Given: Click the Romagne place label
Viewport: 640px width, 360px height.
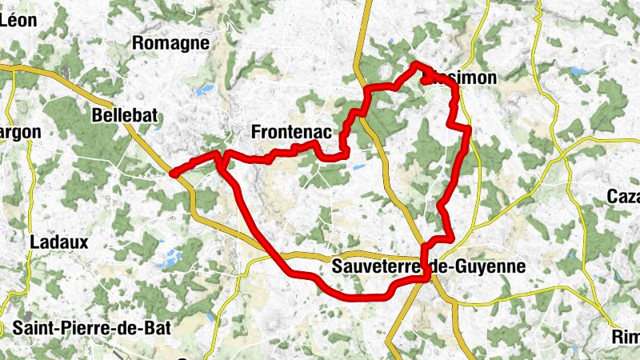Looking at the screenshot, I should (172, 43).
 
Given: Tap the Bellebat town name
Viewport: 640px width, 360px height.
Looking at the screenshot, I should (124, 115).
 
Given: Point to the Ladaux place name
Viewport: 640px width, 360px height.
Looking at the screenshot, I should (58, 241).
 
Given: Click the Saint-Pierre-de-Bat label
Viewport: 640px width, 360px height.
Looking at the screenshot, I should (92, 327).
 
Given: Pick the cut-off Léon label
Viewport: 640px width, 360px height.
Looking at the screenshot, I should (18, 21).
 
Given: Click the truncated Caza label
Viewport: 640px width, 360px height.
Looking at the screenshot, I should (623, 197).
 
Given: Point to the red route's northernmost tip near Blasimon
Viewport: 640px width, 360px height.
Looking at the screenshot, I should (416, 64).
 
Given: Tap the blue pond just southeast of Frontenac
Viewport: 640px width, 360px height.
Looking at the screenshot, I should (358, 169).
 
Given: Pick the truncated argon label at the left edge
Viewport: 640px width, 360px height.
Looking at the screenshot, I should (14, 132).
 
